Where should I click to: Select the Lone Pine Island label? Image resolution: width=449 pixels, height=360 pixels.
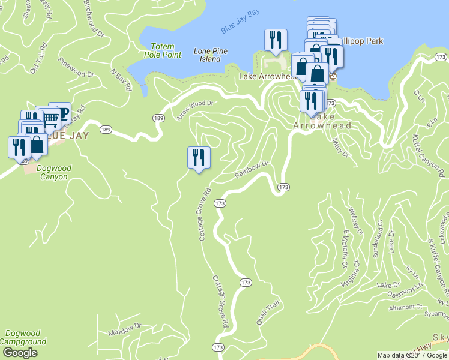point(211,55)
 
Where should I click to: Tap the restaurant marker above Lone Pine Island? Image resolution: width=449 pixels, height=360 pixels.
point(276,40)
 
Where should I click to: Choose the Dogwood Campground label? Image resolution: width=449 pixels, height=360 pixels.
point(24,338)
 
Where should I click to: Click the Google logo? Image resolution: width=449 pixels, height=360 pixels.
point(20,353)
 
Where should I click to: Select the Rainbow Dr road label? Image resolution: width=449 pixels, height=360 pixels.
point(250,169)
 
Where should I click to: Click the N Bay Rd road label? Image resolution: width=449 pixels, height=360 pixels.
point(121,79)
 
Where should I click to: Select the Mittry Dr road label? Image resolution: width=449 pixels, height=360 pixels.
point(340,149)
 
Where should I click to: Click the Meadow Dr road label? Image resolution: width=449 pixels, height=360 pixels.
point(124,329)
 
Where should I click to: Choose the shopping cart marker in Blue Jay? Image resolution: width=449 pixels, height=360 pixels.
point(51,118)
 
